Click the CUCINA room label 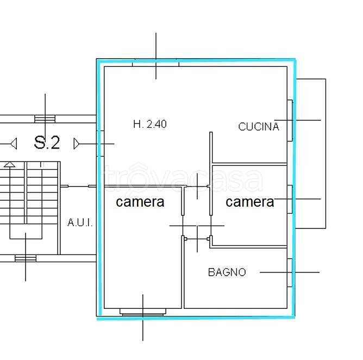(x=258, y=127)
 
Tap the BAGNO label (x=227, y=272)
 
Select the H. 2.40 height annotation (x=150, y=124)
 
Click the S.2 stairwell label (x=47, y=142)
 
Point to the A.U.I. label (x=80, y=222)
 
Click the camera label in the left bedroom (x=140, y=202)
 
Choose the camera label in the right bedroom (x=250, y=202)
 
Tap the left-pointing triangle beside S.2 (x=14, y=144)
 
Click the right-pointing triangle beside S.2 (x=77, y=144)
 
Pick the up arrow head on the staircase (x=10, y=164)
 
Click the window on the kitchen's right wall (x=290, y=121)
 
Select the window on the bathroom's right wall (x=290, y=272)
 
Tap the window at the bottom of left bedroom (x=143, y=312)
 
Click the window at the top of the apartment (x=156, y=63)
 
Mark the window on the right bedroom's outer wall (x=290, y=199)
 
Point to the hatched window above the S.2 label (x=45, y=119)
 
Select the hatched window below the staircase (x=26, y=258)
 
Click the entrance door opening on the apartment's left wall (x=100, y=144)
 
